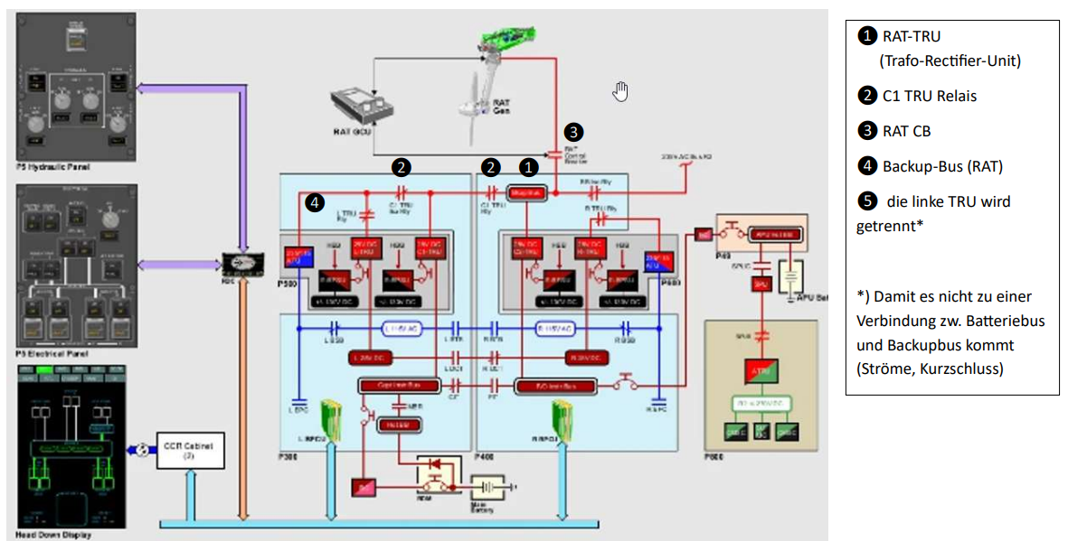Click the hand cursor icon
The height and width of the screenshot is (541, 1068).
click(x=620, y=90)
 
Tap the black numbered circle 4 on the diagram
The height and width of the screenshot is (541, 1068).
click(x=314, y=203)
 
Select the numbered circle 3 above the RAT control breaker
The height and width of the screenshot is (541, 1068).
click(x=573, y=131)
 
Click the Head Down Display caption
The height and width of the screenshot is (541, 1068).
click(x=53, y=535)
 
